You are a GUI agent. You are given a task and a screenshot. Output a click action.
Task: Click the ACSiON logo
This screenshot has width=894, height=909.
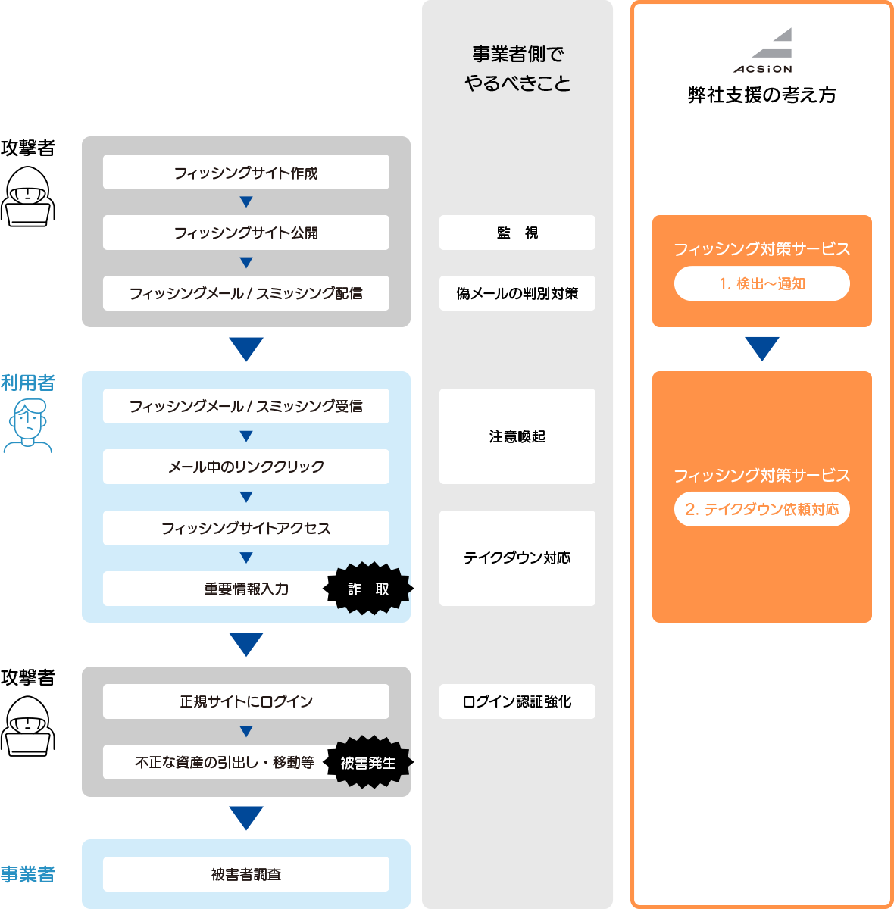pyautogui.click(x=763, y=51)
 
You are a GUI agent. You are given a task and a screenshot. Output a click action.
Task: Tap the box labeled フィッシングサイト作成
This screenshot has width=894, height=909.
pyautogui.click(x=246, y=173)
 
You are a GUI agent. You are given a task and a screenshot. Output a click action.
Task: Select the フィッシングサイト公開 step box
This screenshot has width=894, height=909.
pyautogui.click(x=246, y=233)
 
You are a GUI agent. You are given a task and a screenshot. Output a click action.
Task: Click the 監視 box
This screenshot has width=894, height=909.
pyautogui.click(x=517, y=233)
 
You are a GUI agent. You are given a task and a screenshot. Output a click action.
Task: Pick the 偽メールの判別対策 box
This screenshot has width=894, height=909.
pyautogui.click(x=517, y=293)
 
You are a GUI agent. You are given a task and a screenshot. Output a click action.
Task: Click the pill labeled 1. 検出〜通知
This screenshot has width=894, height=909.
pyautogui.click(x=762, y=283)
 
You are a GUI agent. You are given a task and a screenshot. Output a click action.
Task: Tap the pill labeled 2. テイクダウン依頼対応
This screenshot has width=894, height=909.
pyautogui.click(x=762, y=509)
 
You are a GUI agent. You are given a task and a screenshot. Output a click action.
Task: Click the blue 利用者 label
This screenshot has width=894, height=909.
pyautogui.click(x=28, y=383)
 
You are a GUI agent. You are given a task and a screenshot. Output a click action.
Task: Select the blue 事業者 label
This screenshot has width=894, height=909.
pyautogui.click(x=28, y=874)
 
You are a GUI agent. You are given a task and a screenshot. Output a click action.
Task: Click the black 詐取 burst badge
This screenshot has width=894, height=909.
pyautogui.click(x=368, y=589)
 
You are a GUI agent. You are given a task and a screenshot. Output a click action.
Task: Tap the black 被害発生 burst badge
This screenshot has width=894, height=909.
pyautogui.click(x=368, y=763)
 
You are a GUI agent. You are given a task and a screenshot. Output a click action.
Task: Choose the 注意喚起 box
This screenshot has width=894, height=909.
pyautogui.click(x=517, y=436)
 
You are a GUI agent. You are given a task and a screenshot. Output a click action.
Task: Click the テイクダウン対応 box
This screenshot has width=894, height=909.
pyautogui.click(x=517, y=558)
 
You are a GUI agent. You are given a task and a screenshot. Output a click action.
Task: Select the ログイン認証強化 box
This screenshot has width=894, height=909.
pyautogui.click(x=517, y=701)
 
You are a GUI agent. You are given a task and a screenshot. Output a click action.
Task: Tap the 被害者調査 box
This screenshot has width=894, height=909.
pyautogui.click(x=246, y=874)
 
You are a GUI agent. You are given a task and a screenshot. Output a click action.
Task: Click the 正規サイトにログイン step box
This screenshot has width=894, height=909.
pyautogui.click(x=246, y=701)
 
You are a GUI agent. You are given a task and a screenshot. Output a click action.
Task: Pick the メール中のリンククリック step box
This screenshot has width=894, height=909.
pyautogui.click(x=246, y=467)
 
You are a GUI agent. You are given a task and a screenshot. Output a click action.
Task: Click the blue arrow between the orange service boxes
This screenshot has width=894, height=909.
pyautogui.click(x=762, y=348)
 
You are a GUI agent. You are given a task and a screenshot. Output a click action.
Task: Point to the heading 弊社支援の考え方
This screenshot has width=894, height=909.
pyautogui.click(x=762, y=95)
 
